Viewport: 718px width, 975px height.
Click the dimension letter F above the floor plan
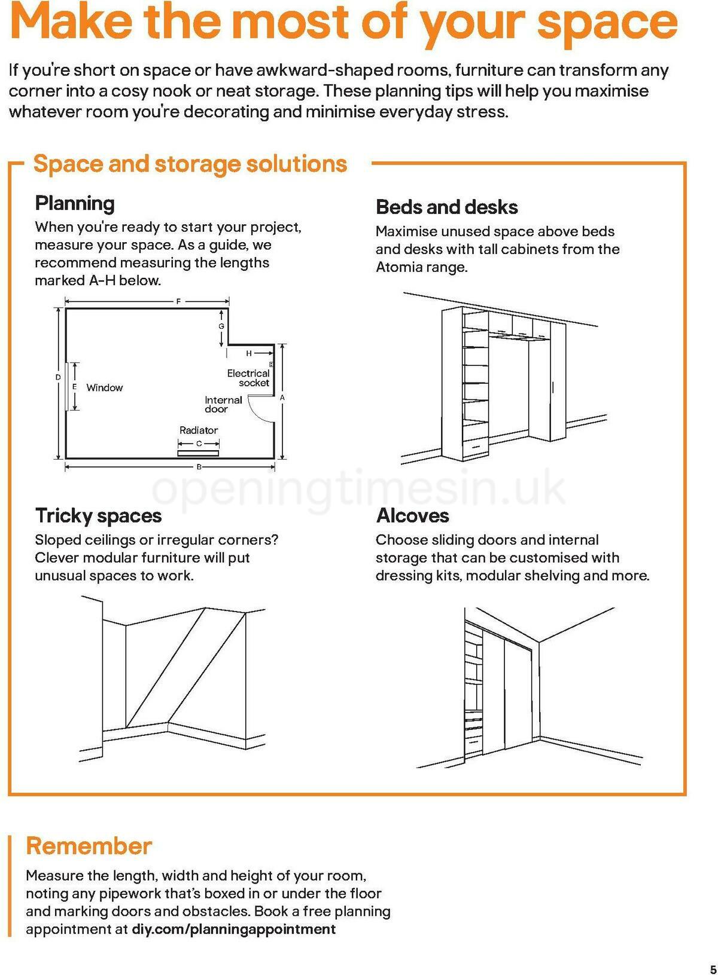(x=178, y=302)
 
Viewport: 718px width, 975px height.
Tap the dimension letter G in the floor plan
(x=221, y=326)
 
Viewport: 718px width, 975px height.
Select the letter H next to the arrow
(x=249, y=353)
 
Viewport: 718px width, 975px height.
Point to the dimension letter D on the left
(x=58, y=377)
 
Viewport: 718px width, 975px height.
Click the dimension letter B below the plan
(x=199, y=467)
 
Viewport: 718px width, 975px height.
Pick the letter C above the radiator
(x=199, y=444)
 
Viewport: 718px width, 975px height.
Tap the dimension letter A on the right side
(x=282, y=398)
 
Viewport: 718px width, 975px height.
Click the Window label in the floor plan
(x=105, y=387)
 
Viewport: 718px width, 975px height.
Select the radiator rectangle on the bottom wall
(x=198, y=453)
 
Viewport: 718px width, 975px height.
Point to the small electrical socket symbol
(x=272, y=364)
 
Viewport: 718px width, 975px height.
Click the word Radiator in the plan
(x=199, y=430)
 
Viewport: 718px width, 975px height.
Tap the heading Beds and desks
(x=446, y=207)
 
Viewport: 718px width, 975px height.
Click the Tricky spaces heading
(x=98, y=515)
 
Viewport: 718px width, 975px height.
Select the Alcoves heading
(x=412, y=515)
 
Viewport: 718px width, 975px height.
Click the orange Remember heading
(x=89, y=846)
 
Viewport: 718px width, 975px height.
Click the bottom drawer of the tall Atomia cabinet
(x=476, y=445)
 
